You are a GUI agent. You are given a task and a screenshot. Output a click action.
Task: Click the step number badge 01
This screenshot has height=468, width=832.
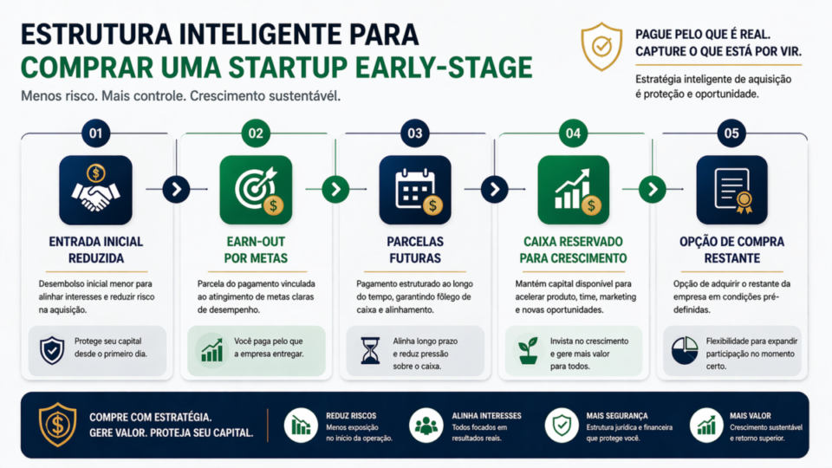pyautogui.click(x=95, y=134)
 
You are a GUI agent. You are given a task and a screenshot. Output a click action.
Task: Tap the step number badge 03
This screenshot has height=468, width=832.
pyautogui.click(x=414, y=134)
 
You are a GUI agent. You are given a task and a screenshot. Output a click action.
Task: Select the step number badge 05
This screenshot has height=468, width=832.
pyautogui.click(x=732, y=134)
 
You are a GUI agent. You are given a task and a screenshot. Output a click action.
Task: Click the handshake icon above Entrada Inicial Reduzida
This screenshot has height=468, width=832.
pyautogui.click(x=95, y=191)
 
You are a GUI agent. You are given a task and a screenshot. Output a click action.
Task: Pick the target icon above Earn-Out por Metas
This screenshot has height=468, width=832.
pyautogui.click(x=256, y=191)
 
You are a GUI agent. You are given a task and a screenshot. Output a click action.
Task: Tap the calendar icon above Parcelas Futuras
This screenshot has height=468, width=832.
pyautogui.click(x=414, y=191)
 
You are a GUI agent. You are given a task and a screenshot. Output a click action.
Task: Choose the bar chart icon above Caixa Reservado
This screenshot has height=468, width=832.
pyautogui.click(x=573, y=191)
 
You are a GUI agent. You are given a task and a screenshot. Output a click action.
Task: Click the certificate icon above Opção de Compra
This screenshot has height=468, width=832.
pyautogui.click(x=732, y=191)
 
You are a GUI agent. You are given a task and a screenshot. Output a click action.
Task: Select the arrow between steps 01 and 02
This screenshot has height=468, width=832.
pyautogui.click(x=176, y=188)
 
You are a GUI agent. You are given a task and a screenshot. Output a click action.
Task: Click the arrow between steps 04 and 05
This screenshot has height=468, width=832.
pyautogui.click(x=653, y=188)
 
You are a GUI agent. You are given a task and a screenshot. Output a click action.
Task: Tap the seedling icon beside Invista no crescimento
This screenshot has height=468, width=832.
pyautogui.click(x=528, y=351)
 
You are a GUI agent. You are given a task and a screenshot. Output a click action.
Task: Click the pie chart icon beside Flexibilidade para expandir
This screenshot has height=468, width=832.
pyautogui.click(x=686, y=351)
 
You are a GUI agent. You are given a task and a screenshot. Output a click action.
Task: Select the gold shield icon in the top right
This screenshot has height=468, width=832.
pyautogui.click(x=601, y=46)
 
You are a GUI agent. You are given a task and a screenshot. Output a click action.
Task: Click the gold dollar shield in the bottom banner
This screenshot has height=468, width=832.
pyautogui.click(x=58, y=424)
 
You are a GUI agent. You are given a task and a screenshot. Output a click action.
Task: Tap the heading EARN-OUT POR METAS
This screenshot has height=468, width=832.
pyautogui.click(x=256, y=250)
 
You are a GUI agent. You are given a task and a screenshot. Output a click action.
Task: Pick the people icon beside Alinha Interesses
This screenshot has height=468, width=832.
pyautogui.click(x=426, y=425)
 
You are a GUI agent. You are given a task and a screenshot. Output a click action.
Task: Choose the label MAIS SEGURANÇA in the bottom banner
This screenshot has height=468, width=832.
pyautogui.click(x=606, y=416)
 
